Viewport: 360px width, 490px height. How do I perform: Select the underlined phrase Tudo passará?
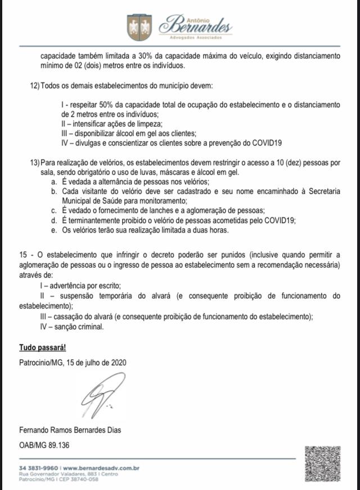(x=43, y=348)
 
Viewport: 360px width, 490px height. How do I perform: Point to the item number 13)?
(x=34, y=162)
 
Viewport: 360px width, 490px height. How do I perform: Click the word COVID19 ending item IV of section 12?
(x=267, y=143)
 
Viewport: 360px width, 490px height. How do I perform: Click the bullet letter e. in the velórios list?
(x=53, y=230)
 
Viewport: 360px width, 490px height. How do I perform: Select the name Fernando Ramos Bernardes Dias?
(x=70, y=430)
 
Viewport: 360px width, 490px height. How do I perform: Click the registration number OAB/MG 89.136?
(x=44, y=444)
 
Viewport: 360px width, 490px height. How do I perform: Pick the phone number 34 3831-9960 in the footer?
(x=39, y=468)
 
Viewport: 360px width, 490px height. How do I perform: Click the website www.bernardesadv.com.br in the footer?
(x=101, y=468)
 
